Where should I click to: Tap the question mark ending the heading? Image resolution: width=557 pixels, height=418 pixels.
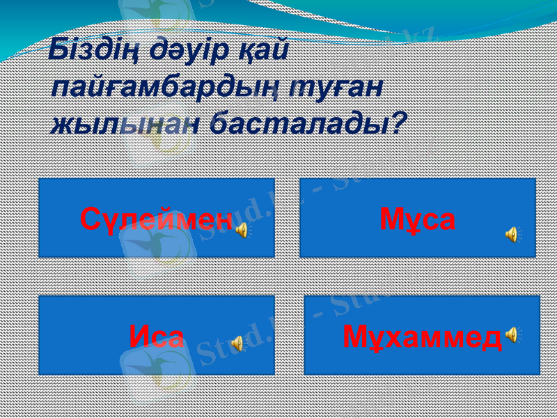coord(398,124)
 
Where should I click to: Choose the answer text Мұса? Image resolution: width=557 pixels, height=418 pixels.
coord(418,219)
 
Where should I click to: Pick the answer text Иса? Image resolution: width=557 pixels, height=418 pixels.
coord(157,337)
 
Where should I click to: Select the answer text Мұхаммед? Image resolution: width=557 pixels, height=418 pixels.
coord(422,337)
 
